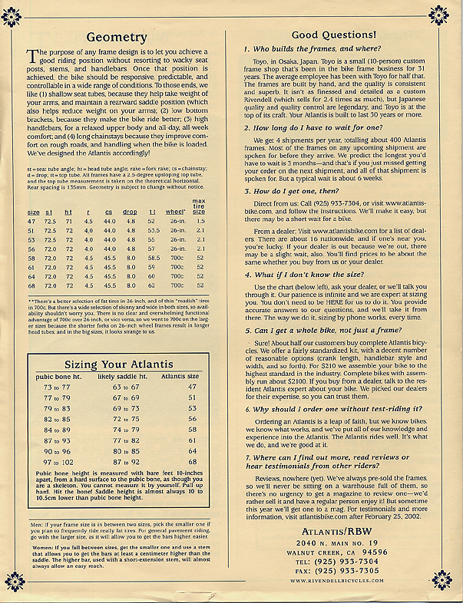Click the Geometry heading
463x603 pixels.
(116, 36)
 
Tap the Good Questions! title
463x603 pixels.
(333, 35)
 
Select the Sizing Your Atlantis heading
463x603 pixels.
(118, 364)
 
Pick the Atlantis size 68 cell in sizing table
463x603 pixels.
(191, 463)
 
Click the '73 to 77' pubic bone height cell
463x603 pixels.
(57, 387)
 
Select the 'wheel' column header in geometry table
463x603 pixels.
(177, 190)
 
